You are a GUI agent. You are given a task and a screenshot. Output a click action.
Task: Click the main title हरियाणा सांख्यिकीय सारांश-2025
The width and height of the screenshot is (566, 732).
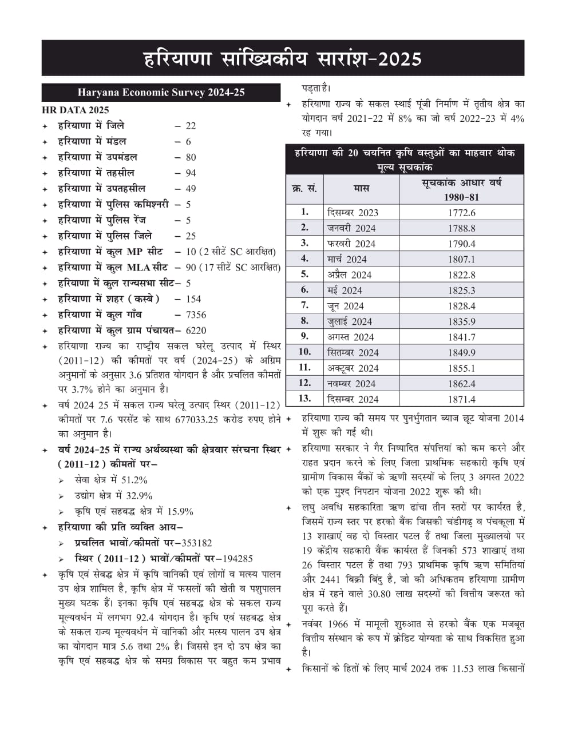tap(282, 59)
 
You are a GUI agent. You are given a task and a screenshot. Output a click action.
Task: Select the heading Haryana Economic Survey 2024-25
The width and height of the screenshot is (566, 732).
tap(161, 93)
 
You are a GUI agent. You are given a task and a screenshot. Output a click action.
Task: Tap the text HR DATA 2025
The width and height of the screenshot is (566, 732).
tap(75, 110)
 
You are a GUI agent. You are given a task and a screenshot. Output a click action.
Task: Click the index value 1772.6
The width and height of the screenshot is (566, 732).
tap(461, 213)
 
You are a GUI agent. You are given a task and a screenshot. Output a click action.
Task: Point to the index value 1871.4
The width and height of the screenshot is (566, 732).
tap(461, 400)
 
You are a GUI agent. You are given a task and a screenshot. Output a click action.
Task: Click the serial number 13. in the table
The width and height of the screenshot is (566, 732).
tap(304, 399)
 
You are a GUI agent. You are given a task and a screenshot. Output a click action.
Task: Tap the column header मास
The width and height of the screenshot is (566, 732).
tap(361, 189)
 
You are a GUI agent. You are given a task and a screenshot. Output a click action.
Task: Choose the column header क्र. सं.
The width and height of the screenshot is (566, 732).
tap(304, 189)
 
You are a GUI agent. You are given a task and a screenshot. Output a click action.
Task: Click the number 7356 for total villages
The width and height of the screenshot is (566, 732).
tap(196, 315)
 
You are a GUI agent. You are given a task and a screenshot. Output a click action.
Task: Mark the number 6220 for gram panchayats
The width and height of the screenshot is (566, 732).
tap(196, 331)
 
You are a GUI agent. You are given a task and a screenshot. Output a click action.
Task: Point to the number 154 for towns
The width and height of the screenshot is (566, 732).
tap(193, 299)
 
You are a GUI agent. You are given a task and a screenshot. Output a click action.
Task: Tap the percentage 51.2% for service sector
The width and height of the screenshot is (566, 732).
tap(134, 480)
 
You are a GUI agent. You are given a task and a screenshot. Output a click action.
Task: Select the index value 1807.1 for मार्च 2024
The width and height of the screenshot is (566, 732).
tap(461, 260)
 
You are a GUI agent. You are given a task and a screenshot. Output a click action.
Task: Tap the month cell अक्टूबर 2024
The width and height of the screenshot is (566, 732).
tap(353, 368)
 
